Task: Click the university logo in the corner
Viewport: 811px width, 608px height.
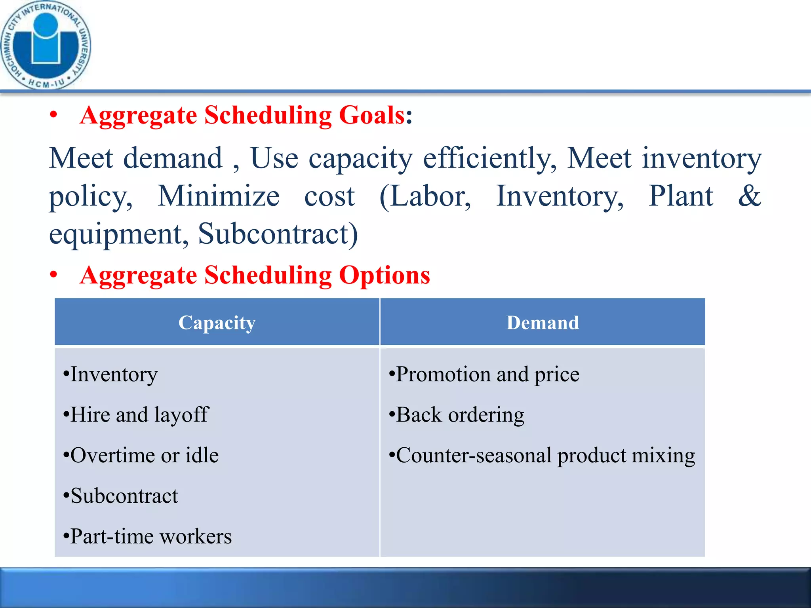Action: [x=46, y=45]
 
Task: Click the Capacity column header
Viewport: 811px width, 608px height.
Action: [x=217, y=323]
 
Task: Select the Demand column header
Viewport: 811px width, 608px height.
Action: [x=543, y=323]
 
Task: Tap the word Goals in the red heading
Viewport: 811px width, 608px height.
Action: [x=371, y=116]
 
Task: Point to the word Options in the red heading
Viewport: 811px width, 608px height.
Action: [x=384, y=275]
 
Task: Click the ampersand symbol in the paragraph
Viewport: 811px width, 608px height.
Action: [x=749, y=196]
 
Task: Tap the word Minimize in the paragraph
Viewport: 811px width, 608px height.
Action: [x=219, y=196]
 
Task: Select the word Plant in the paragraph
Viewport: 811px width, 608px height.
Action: [x=681, y=196]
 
